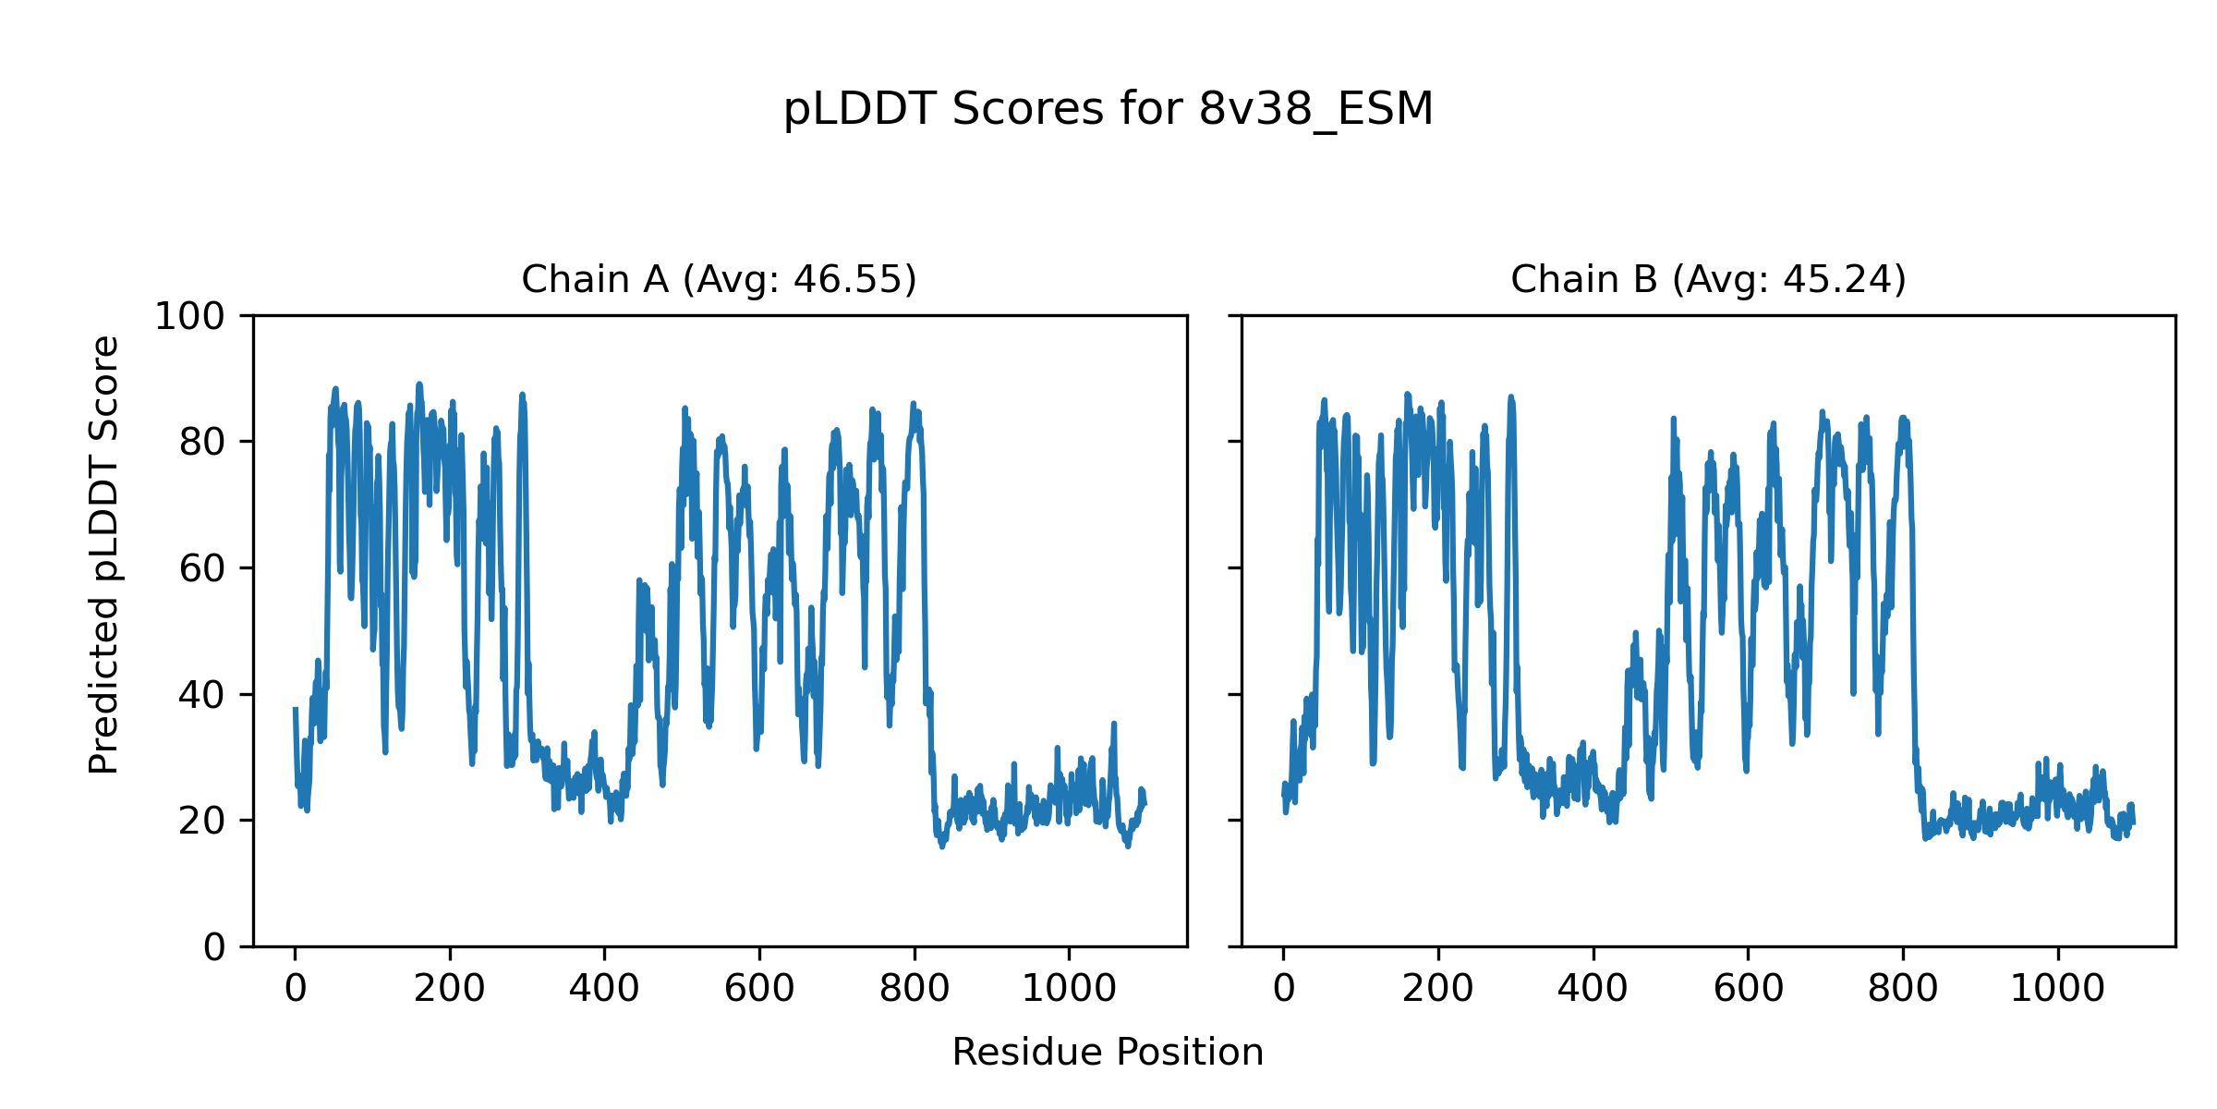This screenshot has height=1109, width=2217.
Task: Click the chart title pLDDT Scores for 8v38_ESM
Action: point(1108,110)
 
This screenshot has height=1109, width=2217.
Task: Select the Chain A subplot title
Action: point(719,279)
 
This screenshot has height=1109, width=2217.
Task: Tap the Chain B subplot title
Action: point(1708,279)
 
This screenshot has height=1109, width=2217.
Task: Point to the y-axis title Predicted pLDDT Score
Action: point(104,554)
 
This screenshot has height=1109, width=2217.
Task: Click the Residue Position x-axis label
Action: point(1108,1053)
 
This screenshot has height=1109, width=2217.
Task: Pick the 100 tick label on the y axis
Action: point(189,317)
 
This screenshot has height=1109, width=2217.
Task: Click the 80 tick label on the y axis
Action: point(202,443)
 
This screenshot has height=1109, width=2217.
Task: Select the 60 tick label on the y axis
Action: point(202,569)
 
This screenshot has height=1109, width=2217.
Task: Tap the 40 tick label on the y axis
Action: point(202,695)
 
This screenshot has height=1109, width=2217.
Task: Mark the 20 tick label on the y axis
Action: point(202,821)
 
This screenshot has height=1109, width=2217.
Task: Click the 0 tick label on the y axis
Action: point(214,947)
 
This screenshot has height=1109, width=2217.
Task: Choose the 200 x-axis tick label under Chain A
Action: point(450,990)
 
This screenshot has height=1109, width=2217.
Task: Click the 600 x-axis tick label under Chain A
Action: point(759,990)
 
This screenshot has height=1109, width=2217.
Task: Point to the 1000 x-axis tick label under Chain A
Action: point(1069,990)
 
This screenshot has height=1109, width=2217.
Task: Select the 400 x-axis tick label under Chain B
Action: point(1593,990)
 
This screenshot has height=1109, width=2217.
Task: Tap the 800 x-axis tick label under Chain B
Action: point(1903,990)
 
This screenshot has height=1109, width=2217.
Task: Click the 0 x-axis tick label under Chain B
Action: point(1283,990)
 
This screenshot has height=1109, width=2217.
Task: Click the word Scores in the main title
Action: point(1027,110)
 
